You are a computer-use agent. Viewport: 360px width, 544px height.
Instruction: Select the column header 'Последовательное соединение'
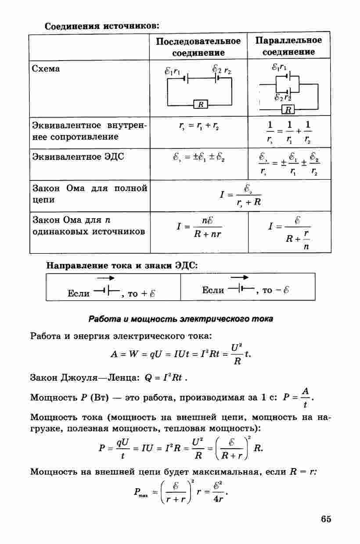(198, 47)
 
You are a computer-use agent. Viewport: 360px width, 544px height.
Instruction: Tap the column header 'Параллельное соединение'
(288, 46)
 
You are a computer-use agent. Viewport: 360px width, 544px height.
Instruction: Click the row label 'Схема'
(47, 69)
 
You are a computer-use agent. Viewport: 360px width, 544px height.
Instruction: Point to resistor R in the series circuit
(200, 104)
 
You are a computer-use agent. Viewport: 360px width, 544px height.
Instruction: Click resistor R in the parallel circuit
(288, 109)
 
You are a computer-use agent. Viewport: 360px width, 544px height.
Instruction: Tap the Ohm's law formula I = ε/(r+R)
(242, 195)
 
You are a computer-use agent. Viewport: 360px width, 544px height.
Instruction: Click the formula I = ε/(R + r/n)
(290, 232)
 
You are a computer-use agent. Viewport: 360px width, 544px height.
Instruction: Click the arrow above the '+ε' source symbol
(105, 278)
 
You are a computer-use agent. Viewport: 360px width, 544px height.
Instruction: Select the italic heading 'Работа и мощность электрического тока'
(180, 319)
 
